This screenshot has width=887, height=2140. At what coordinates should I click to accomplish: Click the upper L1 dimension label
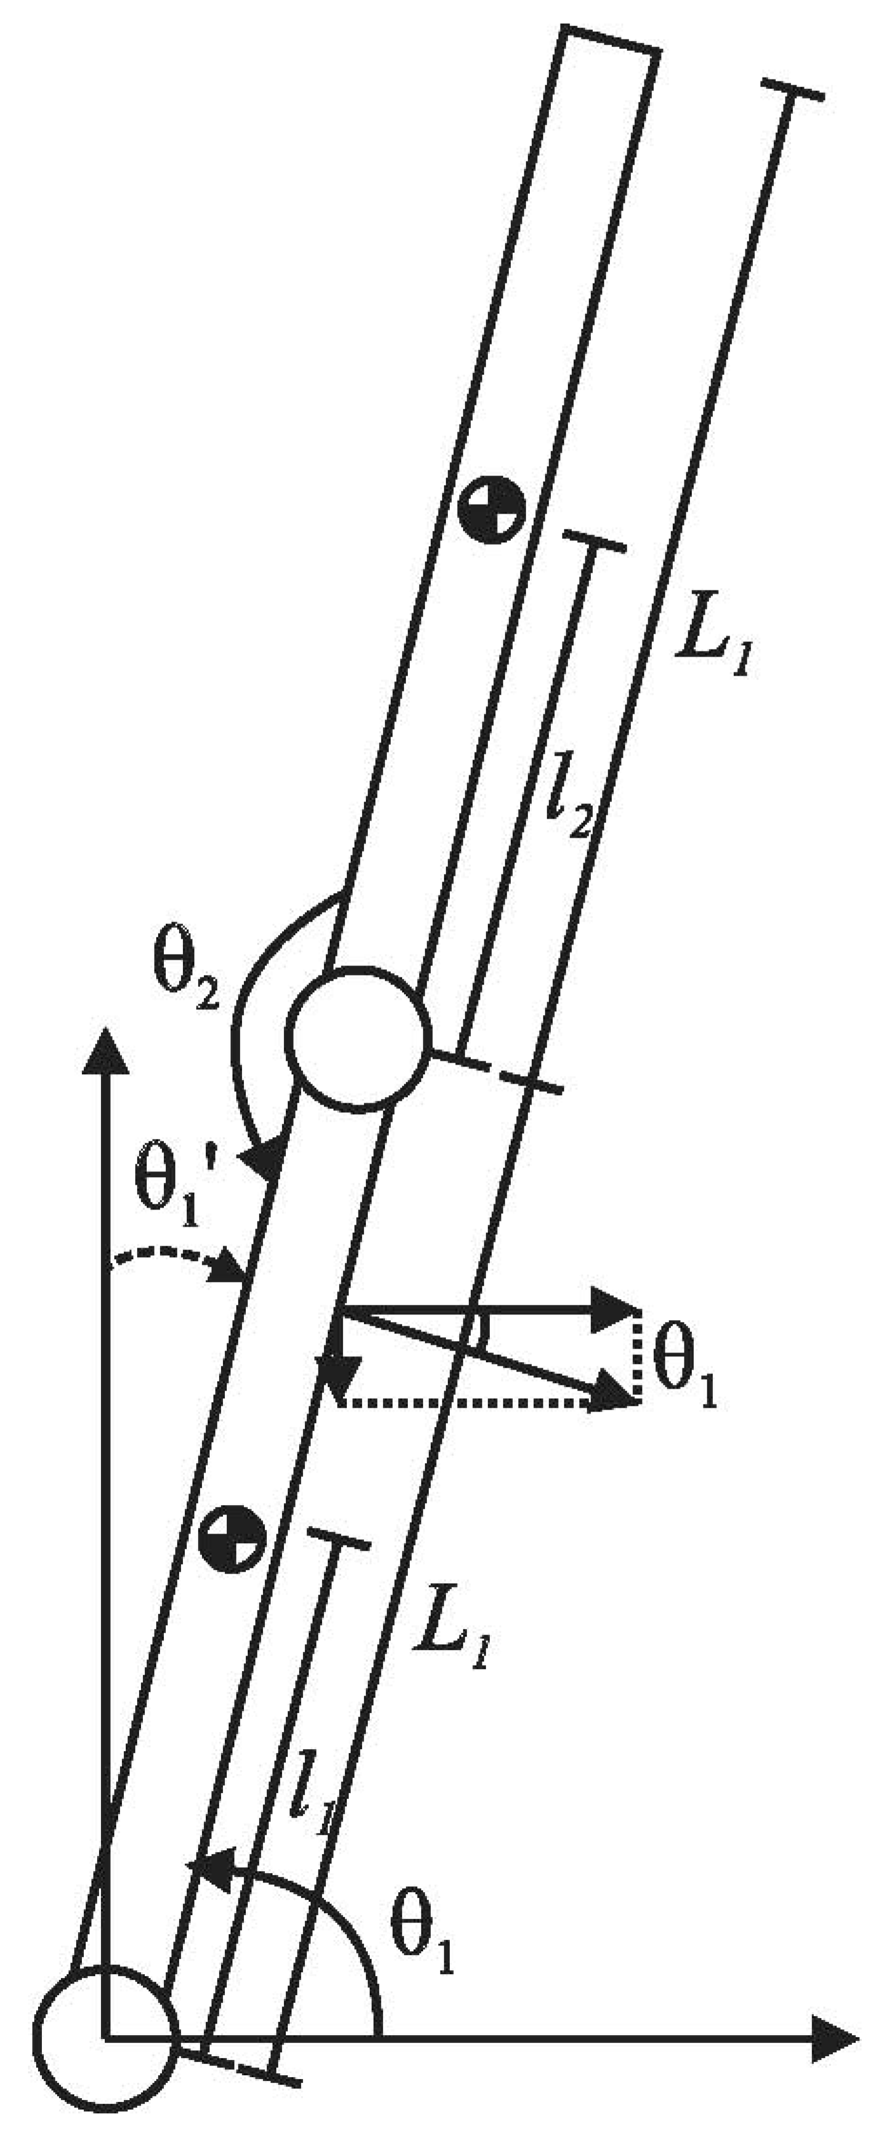point(713,639)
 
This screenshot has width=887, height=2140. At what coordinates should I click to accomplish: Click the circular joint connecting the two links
point(358,1037)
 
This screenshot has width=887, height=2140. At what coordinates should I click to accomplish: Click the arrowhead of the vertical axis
point(105,1051)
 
